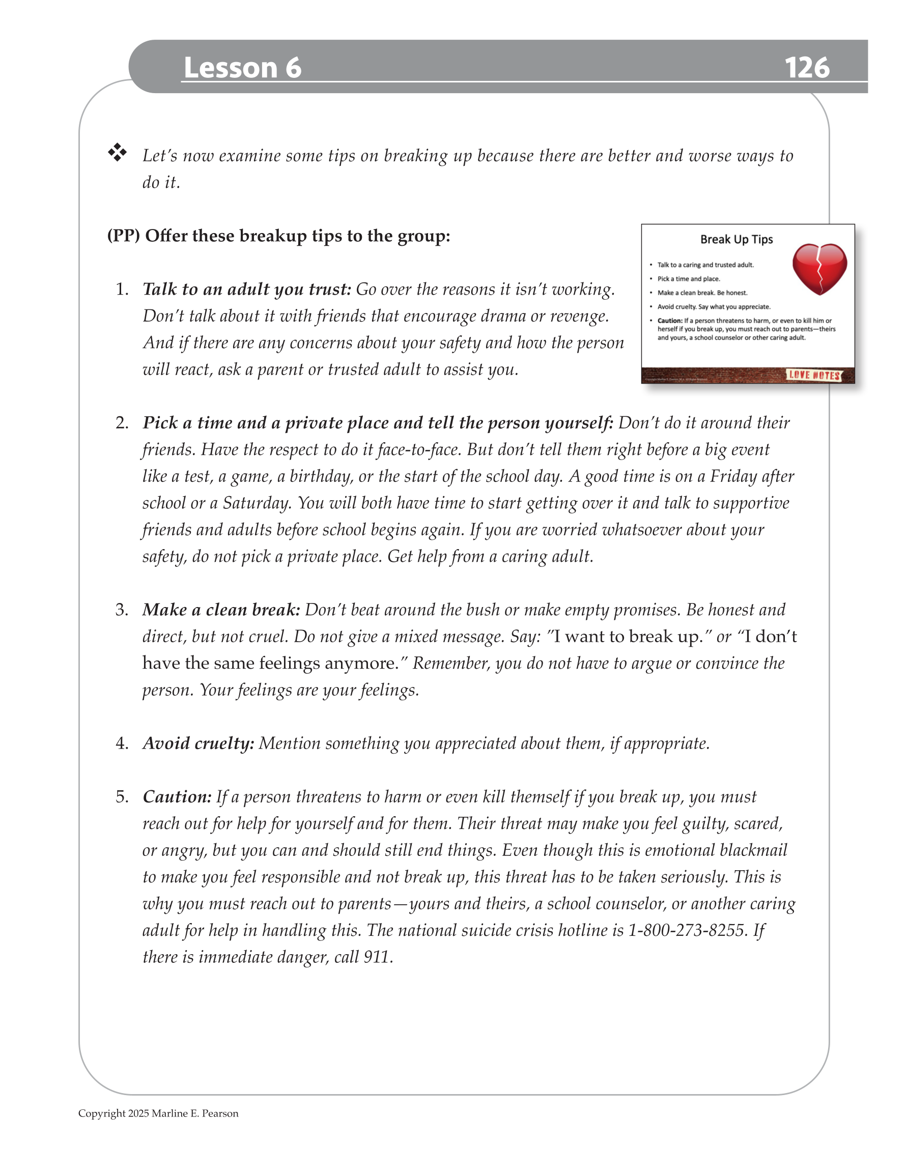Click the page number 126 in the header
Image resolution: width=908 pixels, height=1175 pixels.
(x=806, y=68)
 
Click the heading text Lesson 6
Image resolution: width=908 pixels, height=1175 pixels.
(x=242, y=68)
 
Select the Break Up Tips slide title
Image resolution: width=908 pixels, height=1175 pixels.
(x=736, y=239)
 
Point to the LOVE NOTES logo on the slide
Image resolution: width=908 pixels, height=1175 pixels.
(x=814, y=375)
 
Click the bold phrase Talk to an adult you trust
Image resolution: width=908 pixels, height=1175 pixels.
(x=246, y=290)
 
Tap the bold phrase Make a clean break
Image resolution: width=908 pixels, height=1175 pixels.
(x=221, y=610)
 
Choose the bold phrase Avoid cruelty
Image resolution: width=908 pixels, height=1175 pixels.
(x=198, y=743)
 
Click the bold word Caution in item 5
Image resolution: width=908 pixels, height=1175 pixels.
(x=177, y=797)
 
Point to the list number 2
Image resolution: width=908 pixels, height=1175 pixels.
(x=122, y=423)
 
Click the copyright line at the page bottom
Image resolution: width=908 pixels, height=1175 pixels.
(x=158, y=1113)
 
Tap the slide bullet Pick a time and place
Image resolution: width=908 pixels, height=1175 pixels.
(x=689, y=279)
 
